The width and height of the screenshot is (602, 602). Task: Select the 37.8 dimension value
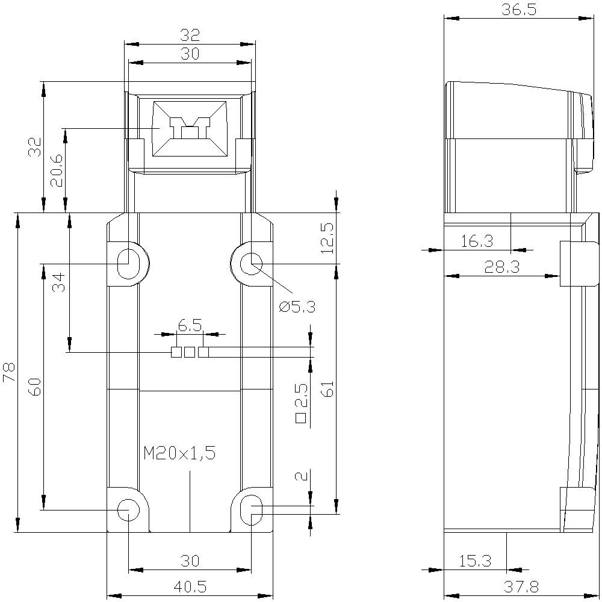[x=521, y=586]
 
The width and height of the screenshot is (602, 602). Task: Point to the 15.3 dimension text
[x=475, y=561]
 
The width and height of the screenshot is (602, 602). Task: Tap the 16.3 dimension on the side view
[x=477, y=241]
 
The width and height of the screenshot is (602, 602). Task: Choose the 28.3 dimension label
[x=502, y=267]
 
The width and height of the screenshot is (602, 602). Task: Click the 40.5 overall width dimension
[x=190, y=586]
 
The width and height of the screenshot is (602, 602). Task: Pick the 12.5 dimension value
[x=326, y=238]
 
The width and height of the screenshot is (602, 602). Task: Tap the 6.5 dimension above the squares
[x=190, y=326]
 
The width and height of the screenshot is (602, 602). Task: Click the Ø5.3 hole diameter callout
[x=297, y=306]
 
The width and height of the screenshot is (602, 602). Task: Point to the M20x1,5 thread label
[x=179, y=453]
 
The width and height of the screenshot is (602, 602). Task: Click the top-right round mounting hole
[x=251, y=263]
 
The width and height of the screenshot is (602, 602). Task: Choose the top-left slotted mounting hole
[x=128, y=263]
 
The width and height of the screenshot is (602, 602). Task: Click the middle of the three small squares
[x=190, y=352]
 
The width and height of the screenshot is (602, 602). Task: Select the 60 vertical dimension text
[x=36, y=386]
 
